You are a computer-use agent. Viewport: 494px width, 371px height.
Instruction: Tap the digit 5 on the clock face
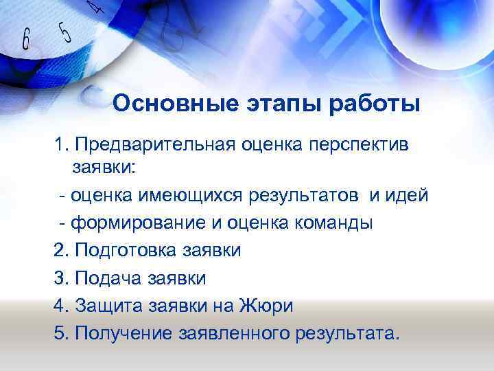click(x=64, y=31)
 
